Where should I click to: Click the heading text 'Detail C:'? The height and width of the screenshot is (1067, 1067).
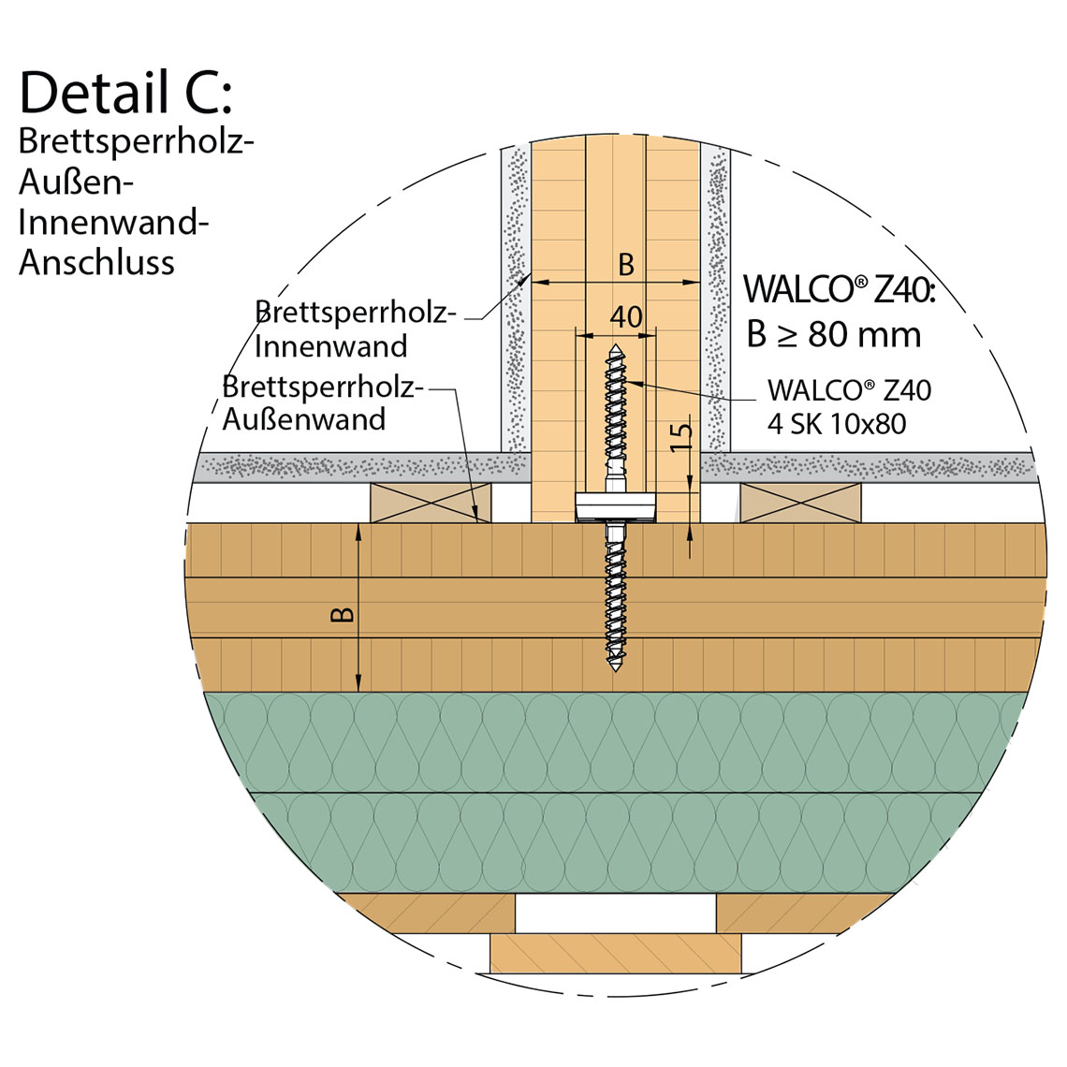124,94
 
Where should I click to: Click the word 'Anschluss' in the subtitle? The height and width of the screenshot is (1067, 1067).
96,263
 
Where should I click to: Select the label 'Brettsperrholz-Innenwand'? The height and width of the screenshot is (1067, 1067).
354,329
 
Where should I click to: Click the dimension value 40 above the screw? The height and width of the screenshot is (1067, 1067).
626,316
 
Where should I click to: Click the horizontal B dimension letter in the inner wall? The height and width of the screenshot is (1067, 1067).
626,265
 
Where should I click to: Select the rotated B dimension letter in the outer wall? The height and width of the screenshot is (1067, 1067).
343,614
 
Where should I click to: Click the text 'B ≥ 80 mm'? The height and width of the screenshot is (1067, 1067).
833,334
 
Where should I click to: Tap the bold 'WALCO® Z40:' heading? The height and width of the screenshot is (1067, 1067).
839,288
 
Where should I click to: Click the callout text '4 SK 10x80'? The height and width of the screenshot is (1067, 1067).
837,424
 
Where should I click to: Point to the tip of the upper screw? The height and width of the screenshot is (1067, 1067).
616,349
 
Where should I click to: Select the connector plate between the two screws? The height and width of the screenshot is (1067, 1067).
616,505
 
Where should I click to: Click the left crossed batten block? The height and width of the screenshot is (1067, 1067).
431,504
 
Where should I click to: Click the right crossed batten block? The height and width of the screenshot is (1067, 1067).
801,504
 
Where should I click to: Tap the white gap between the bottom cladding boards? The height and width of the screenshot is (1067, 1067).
616,913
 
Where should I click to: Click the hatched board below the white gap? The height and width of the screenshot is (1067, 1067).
616,953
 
